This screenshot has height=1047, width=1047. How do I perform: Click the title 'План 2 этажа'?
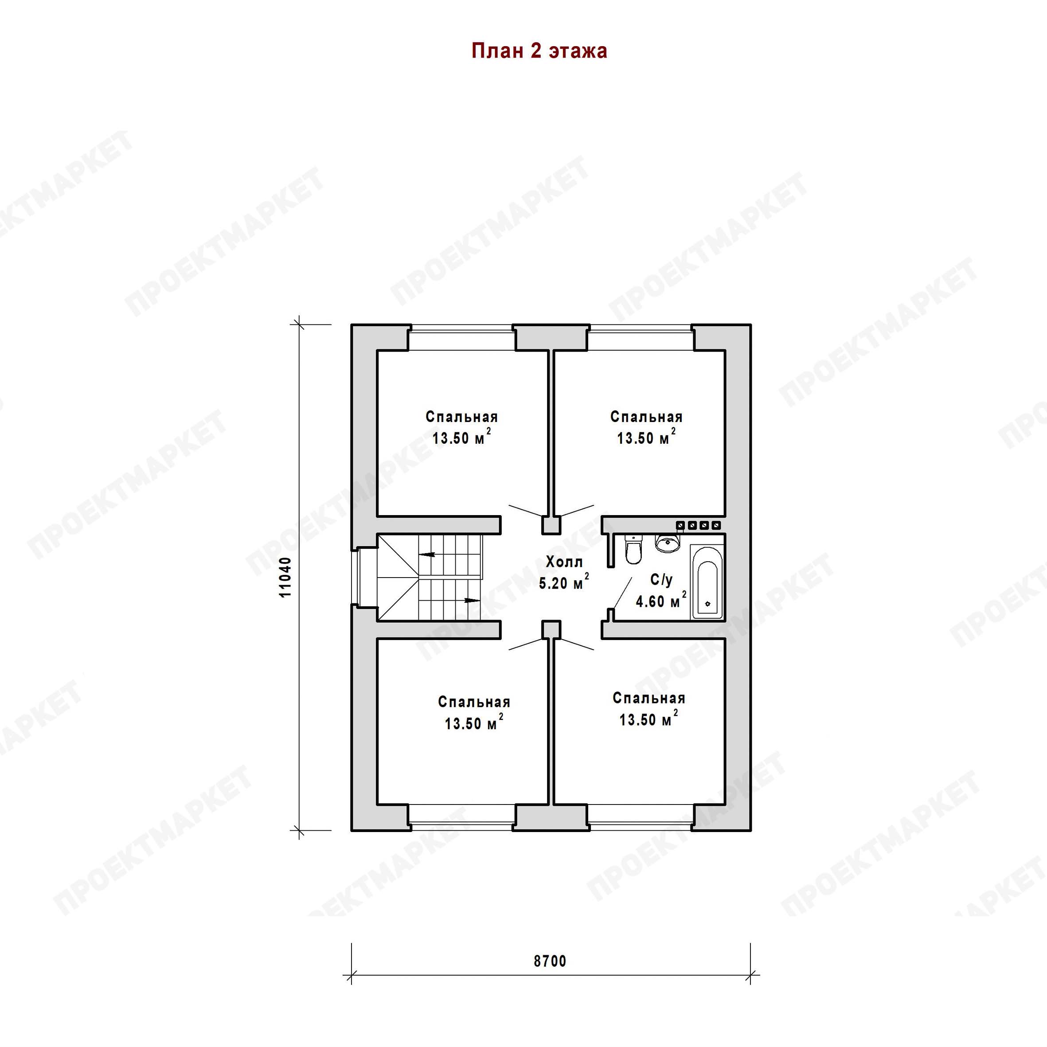tap(539, 51)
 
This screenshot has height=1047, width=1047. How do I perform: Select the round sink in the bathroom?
tap(667, 543)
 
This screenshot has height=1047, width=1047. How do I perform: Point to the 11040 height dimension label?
tap(285, 577)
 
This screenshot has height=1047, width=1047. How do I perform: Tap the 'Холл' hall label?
tap(564, 562)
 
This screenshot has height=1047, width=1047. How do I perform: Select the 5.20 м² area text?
tap(564, 582)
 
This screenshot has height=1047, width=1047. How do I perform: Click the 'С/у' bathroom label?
tap(661, 580)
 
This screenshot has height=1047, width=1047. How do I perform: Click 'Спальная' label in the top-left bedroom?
tap(462, 417)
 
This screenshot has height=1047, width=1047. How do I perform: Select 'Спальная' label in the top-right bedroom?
tap(647, 417)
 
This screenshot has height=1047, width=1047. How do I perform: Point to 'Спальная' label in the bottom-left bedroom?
tap(474, 702)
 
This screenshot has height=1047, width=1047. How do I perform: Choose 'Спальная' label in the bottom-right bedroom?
tap(649, 699)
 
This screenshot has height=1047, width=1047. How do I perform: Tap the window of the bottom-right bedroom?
tap(641, 818)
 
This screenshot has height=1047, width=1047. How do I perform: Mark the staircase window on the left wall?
tap(355, 577)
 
